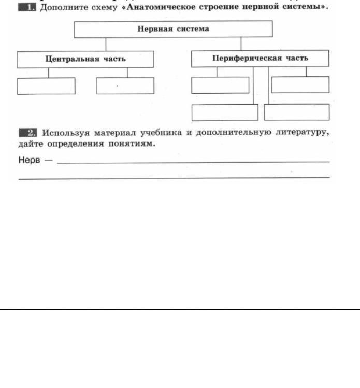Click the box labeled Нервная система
tap(173, 29)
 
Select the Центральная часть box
tap(85, 59)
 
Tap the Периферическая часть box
tap(260, 59)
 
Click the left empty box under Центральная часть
tap(46, 86)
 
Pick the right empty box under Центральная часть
tap(125, 86)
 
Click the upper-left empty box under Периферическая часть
tap(220, 85)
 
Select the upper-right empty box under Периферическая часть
tap(300, 84)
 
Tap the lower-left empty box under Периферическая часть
tap(224, 112)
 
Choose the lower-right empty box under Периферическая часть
tap(296, 112)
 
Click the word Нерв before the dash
tap(29, 160)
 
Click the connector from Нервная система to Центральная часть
tap(106, 45)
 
